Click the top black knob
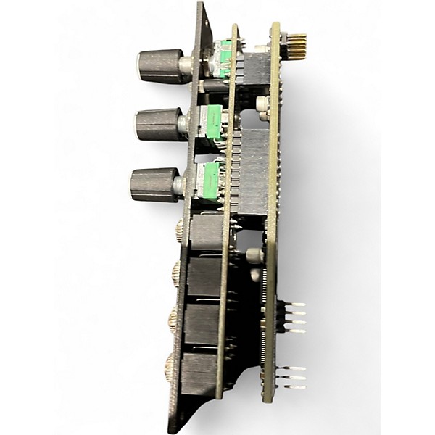pyautogui.click(x=159, y=66)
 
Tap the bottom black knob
pyautogui.click(x=154, y=184)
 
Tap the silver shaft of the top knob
pyautogui.click(x=186, y=67)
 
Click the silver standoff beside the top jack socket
pyautogui.click(x=253, y=255)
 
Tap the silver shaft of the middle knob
pyautogui.click(x=183, y=125)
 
